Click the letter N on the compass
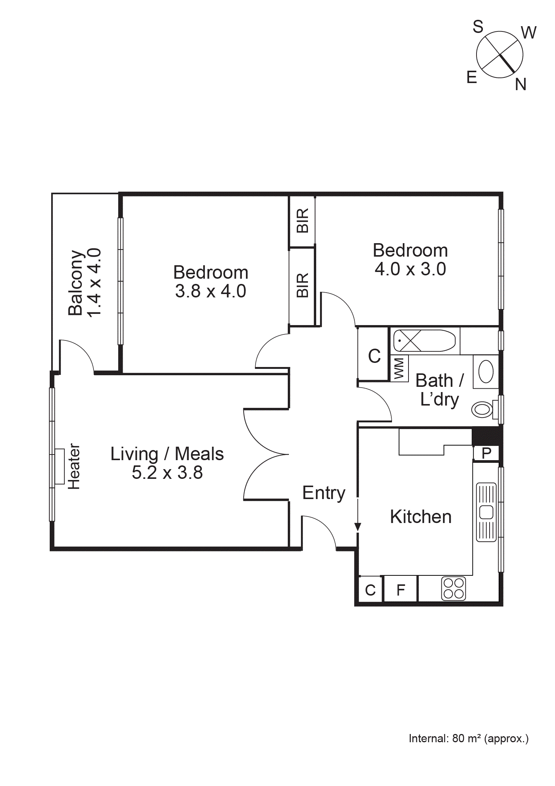520,85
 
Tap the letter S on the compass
478,27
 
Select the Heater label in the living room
74,467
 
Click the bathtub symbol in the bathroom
424,340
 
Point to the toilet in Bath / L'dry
482,410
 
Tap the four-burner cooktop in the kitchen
453,588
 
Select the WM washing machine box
399,368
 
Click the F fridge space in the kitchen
401,590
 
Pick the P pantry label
486,453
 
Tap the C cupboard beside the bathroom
374,356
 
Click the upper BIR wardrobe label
302,221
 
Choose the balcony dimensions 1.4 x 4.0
94,282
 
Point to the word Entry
324,493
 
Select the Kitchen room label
420,517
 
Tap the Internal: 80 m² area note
468,738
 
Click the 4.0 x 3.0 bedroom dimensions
410,269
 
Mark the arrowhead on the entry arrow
358,527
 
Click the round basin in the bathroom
486,371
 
